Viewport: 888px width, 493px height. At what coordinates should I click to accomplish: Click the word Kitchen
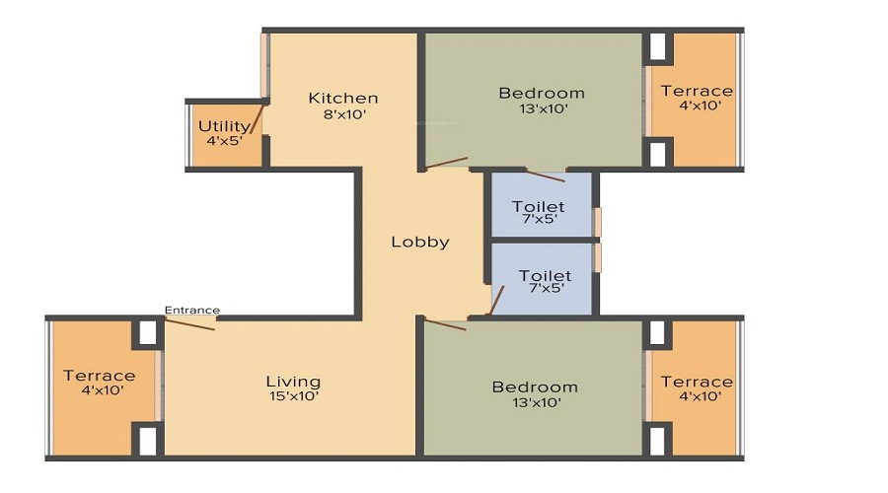[343, 98]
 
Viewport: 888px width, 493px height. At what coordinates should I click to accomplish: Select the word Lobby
[420, 242]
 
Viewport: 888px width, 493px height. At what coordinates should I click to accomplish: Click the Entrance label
[191, 310]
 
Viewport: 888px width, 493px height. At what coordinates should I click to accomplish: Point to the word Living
[293, 382]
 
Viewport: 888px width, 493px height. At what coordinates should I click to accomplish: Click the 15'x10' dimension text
[293, 396]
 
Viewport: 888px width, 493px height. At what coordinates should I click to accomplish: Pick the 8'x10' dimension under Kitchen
[343, 113]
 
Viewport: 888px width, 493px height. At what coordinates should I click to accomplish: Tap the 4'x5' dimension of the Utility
[224, 141]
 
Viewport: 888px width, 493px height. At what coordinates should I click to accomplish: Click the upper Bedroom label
[541, 94]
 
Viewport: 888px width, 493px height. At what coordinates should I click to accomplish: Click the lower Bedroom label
[535, 387]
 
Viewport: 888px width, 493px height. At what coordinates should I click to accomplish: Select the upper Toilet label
[539, 206]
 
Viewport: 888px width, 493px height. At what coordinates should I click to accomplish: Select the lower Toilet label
[545, 276]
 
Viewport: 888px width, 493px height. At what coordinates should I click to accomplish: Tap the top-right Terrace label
[697, 91]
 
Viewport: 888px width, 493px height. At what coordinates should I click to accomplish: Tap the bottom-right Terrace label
[697, 382]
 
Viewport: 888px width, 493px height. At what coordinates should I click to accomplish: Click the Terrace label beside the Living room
[100, 376]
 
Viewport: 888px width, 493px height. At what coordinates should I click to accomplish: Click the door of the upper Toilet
[546, 176]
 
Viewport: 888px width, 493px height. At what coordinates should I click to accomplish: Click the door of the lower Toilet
[498, 299]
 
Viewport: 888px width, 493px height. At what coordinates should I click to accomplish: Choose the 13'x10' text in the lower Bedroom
[535, 402]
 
